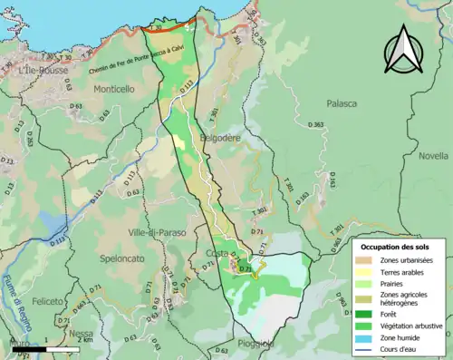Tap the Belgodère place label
click(x=220, y=137)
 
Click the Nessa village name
click(x=81, y=333)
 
